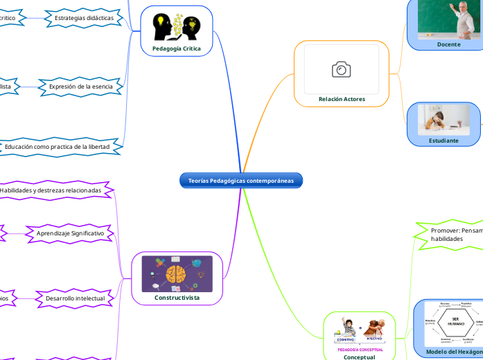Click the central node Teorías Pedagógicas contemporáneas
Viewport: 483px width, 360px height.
pos(241,181)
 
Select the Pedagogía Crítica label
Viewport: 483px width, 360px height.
pos(177,48)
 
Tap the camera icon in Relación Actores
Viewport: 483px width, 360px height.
pos(341,69)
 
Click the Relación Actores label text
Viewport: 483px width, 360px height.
pos(342,99)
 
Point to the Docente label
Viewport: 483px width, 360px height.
pos(448,44)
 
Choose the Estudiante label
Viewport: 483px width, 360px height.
pos(444,140)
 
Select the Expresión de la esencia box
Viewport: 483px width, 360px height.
pos(81,87)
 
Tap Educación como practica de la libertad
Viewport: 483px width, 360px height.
pos(62,147)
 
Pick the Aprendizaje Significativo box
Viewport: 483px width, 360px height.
pos(69,234)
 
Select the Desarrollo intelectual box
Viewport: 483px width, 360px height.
pos(74,298)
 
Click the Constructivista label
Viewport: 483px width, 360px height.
pos(177,298)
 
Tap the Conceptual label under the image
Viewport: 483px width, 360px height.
pos(359,357)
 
